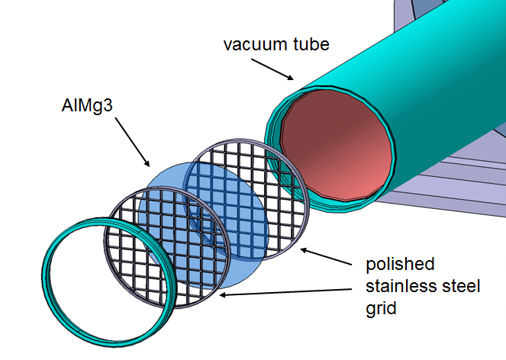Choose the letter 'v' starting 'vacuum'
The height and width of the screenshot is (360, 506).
tap(227, 44)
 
